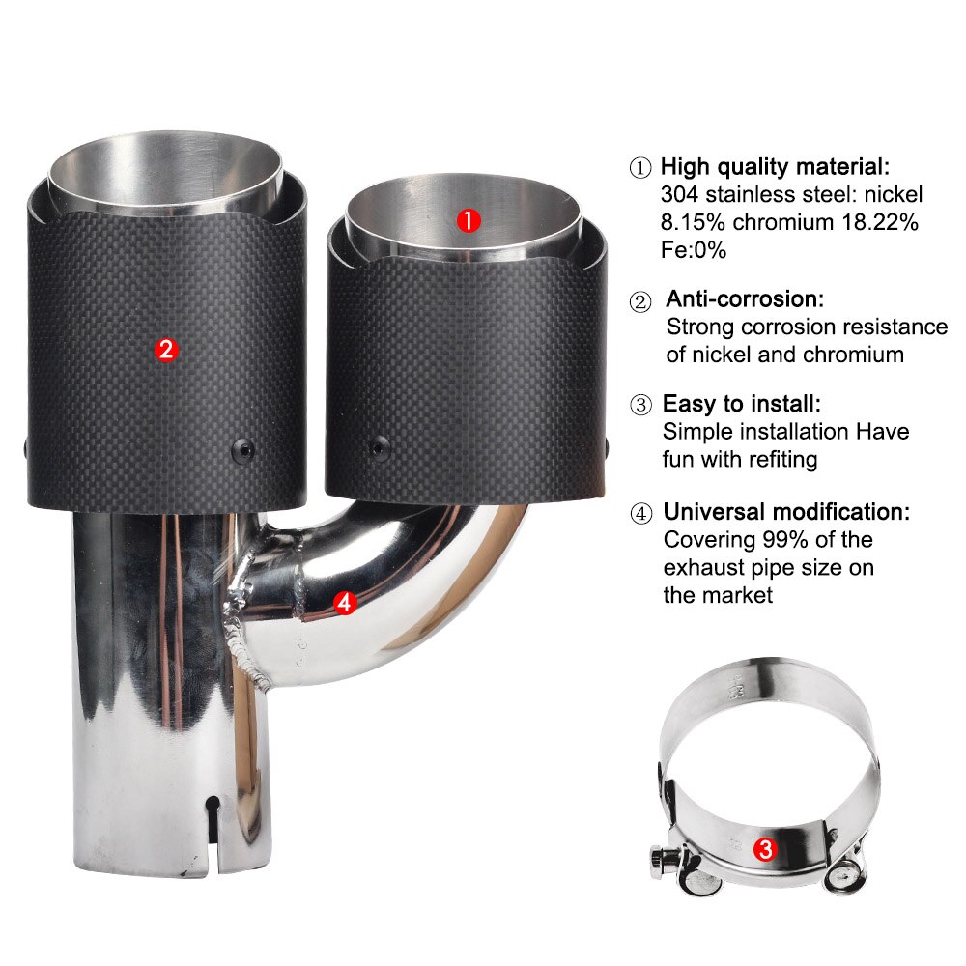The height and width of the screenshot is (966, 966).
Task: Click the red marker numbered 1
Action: pyautogui.click(x=468, y=220)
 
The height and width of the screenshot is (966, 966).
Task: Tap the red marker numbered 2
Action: pyautogui.click(x=167, y=350)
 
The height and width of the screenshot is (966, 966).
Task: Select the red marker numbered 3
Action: pyautogui.click(x=764, y=849)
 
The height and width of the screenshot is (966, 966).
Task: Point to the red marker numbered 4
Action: pyautogui.click(x=344, y=603)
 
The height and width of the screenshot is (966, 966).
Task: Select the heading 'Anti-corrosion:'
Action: pyautogui.click(x=745, y=299)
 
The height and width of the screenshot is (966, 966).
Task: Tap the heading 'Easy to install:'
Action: pyautogui.click(x=741, y=404)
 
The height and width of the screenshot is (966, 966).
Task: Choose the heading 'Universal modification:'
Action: pyautogui.click(x=785, y=512)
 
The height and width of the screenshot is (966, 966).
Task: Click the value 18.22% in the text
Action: pyautogui.click(x=877, y=221)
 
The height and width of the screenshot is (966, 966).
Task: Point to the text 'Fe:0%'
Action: pyautogui.click(x=694, y=249)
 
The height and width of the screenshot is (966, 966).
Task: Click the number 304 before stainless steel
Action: pyautogui.click(x=680, y=193)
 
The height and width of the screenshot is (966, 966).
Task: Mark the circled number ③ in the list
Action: pyautogui.click(x=640, y=405)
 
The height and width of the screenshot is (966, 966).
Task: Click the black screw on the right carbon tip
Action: pyautogui.click(x=376, y=446)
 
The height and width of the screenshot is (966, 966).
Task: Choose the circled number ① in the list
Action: pyautogui.click(x=640, y=167)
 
